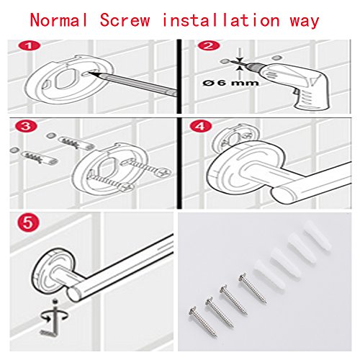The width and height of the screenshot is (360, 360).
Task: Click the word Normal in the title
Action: [x=58, y=20]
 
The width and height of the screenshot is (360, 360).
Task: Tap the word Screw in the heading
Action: [x=125, y=20]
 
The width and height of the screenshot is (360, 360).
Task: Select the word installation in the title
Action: [x=221, y=19]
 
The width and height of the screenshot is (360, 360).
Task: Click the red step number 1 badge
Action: [x=30, y=45]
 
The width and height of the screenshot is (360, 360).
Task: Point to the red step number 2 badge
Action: [x=209, y=45]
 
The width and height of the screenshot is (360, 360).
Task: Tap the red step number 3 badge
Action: [x=25, y=126]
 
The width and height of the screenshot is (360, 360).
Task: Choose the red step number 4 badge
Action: [x=201, y=126]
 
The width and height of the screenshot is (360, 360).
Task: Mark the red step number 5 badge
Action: [x=28, y=222]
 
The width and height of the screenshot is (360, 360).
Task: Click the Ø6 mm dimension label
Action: [x=230, y=83]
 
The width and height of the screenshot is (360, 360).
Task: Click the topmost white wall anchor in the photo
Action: [x=318, y=234]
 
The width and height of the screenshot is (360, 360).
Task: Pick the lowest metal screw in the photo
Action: [x=203, y=322]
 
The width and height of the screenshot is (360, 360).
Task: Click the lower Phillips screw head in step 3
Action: [x=127, y=186]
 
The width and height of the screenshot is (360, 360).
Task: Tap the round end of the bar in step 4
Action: [x=284, y=195]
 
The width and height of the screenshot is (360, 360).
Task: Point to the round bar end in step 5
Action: [x=74, y=294]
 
